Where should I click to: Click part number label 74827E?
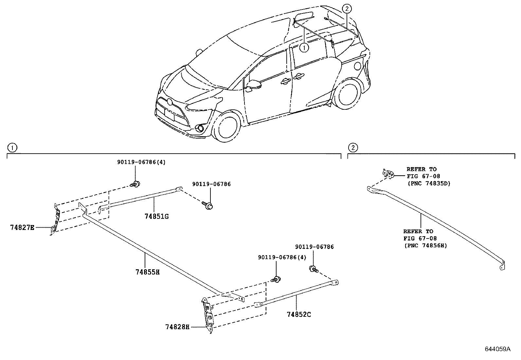click(x=22, y=227)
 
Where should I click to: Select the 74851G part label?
click(x=156, y=216)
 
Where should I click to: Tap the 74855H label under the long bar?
click(x=147, y=272)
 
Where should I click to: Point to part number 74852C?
click(x=298, y=314)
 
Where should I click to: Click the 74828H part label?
click(x=177, y=327)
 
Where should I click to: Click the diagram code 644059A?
click(x=497, y=349)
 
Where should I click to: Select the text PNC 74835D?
click(x=429, y=183)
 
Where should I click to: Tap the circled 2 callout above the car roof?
click(x=347, y=9)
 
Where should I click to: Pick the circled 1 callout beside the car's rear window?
click(x=304, y=48)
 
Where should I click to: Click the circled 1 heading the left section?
click(x=12, y=148)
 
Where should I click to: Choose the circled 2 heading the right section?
click(x=352, y=148)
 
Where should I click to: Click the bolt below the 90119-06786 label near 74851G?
click(x=208, y=205)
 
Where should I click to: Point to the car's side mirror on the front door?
click(x=254, y=85)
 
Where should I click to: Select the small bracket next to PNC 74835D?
click(x=388, y=174)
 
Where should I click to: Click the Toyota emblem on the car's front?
click(x=169, y=102)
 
